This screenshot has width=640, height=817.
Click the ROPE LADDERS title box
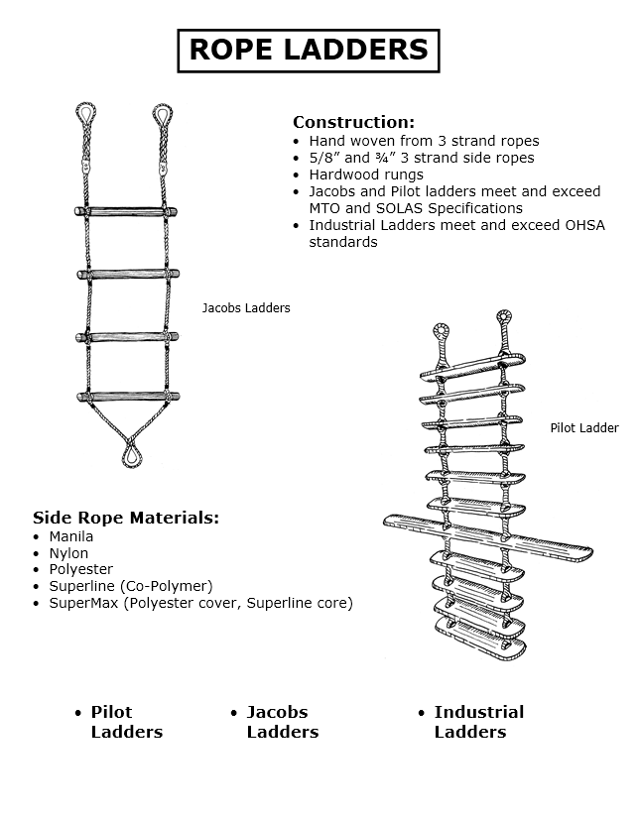308,50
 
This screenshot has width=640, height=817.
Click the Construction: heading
353,122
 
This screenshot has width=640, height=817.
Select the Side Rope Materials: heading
126,518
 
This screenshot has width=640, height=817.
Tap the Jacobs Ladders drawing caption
246,308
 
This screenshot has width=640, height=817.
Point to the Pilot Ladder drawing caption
584,428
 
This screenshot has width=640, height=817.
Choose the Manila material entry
71,536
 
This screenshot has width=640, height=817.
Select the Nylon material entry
68,553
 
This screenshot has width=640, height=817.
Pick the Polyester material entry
80,570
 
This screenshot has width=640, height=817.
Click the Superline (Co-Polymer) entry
131,586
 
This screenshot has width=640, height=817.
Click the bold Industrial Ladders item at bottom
478,722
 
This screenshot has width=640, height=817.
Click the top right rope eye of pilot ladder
504,320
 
